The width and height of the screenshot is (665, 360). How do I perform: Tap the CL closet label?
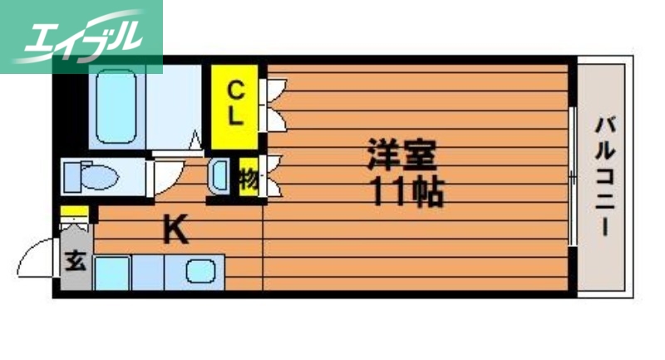click(237, 101)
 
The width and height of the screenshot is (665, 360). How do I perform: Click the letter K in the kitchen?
click(175, 229)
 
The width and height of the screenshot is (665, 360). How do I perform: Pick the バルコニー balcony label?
click(604, 177)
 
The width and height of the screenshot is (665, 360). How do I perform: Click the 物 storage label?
click(248, 179)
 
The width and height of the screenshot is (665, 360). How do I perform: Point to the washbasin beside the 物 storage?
click(220, 176)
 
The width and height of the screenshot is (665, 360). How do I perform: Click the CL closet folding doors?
click(275, 103)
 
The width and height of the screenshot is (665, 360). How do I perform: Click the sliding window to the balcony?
click(571, 175)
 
